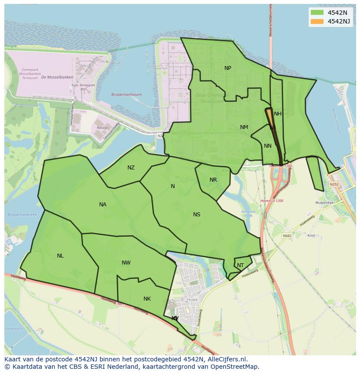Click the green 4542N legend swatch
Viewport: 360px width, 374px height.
(x=317, y=13)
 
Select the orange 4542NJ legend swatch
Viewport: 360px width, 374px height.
(x=317, y=21)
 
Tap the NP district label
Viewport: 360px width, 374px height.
(x=228, y=68)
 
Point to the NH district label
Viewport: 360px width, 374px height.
(x=278, y=114)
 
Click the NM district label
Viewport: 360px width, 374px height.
(x=244, y=127)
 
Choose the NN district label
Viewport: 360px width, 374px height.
(x=268, y=146)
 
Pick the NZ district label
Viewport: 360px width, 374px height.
(x=131, y=168)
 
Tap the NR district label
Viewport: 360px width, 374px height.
(x=213, y=180)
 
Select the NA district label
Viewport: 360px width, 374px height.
(x=103, y=205)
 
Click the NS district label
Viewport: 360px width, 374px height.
(x=197, y=215)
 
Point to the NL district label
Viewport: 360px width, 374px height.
(x=60, y=256)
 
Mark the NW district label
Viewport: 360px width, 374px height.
(x=126, y=263)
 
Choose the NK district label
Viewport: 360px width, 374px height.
(x=147, y=299)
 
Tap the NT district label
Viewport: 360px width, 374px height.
(x=240, y=265)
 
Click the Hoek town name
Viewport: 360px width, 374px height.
(x=192, y=300)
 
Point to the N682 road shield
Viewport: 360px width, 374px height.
(x=287, y=236)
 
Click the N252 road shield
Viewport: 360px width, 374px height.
(x=334, y=184)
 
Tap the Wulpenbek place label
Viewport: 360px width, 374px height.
(x=324, y=202)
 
